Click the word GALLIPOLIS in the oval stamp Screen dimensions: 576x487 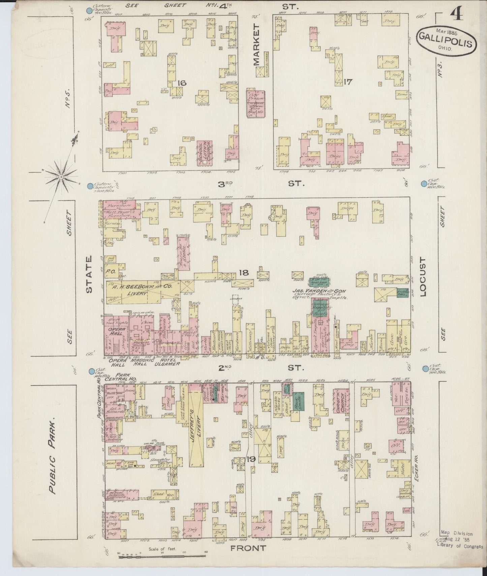pyautogui.click(x=447, y=40)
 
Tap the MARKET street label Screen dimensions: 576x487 pyautogui.click(x=257, y=45)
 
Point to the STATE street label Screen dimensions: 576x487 pyautogui.click(x=89, y=274)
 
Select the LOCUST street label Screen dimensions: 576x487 pyautogui.click(x=424, y=277)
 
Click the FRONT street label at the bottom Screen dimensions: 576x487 pyautogui.click(x=248, y=548)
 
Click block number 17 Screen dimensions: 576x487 pyautogui.click(x=348, y=81)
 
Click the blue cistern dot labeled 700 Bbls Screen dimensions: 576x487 pyautogui.click(x=425, y=368)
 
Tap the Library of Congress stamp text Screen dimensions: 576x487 pyautogui.click(x=460, y=547)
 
